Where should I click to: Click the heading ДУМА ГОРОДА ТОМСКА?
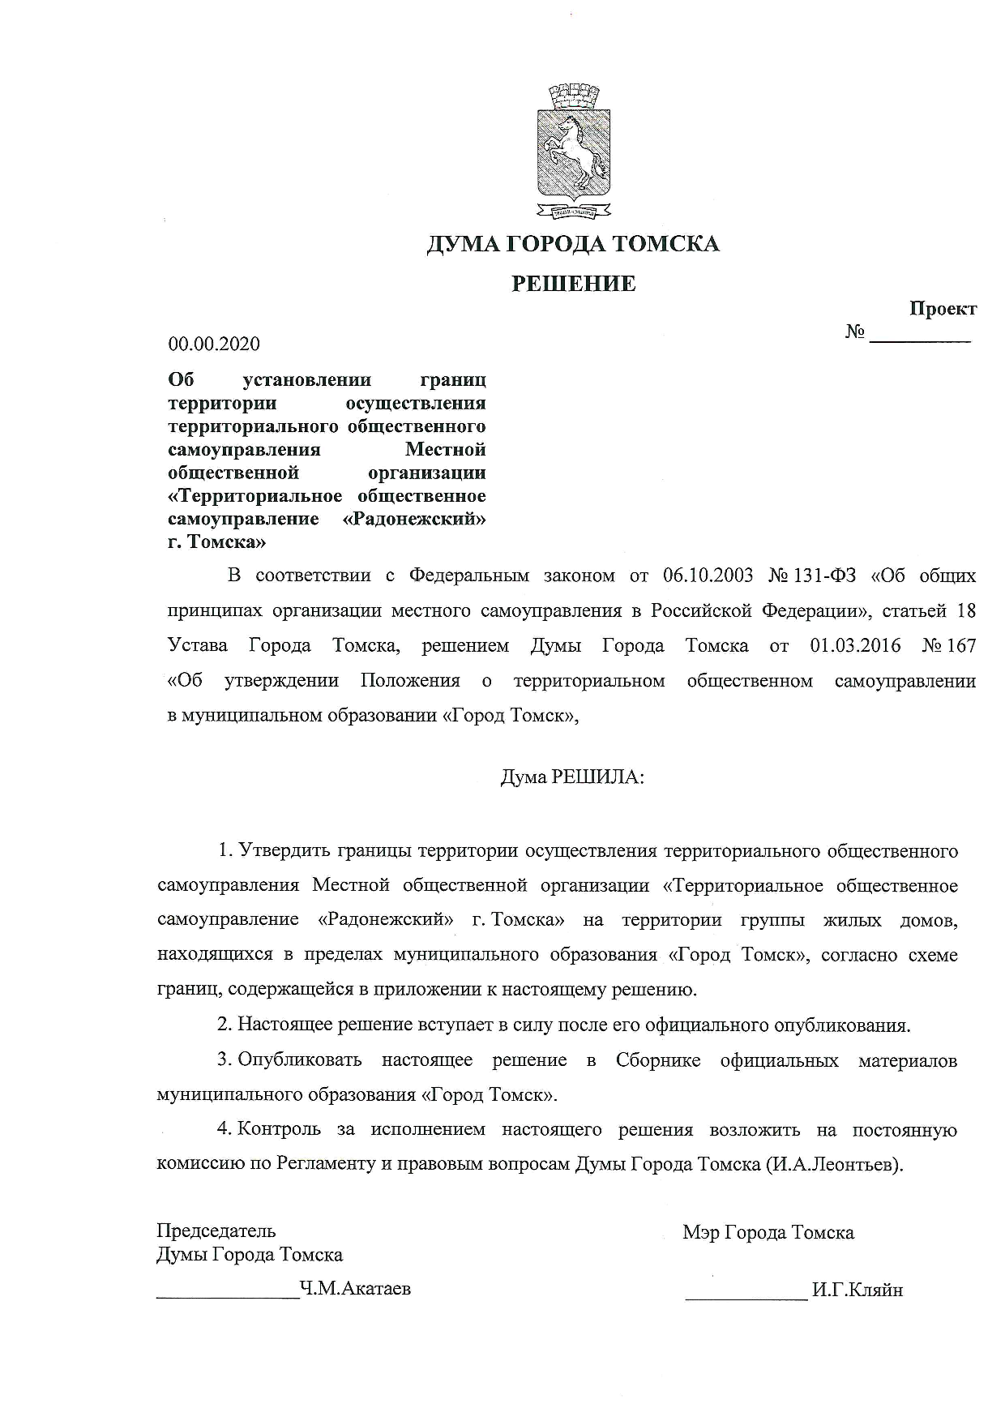[573, 244]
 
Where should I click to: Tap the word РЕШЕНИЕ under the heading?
[573, 284]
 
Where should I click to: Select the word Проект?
[943, 309]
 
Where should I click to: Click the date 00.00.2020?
[214, 345]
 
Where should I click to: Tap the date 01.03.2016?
[855, 646]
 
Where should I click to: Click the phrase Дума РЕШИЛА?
[572, 777]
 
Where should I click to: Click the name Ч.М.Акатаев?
[355, 1288]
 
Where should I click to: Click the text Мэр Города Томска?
[768, 1233]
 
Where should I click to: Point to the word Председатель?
[216, 1231]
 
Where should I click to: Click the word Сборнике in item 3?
[658, 1060]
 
